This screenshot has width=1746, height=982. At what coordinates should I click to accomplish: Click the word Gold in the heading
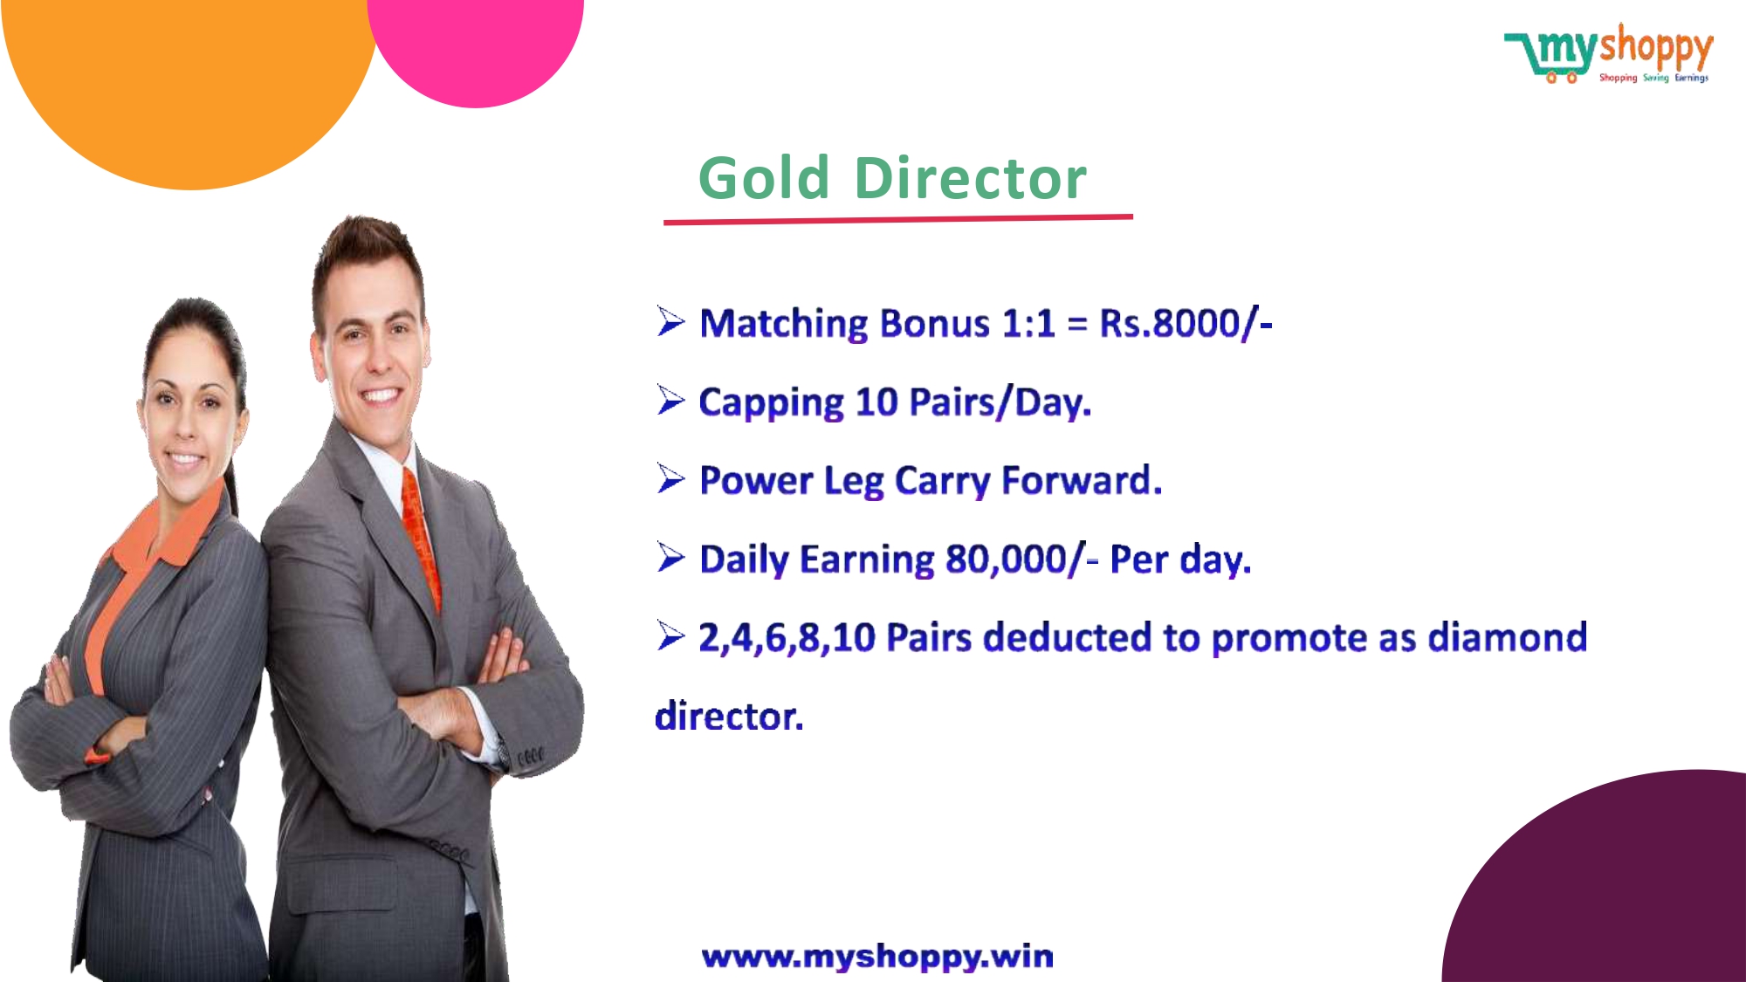(x=764, y=178)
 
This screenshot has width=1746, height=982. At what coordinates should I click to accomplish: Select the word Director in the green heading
(x=971, y=178)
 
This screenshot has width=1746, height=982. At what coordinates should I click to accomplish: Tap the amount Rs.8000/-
(x=1186, y=323)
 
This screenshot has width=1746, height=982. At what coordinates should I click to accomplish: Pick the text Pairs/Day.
(x=1000, y=402)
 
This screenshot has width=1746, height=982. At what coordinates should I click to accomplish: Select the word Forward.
(x=1082, y=481)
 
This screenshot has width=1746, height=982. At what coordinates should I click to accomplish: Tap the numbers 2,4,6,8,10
(x=787, y=638)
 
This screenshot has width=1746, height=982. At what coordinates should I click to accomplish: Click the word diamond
(x=1507, y=637)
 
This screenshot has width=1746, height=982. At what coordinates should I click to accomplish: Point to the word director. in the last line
(x=729, y=717)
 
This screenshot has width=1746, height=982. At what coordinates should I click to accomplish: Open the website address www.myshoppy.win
(x=877, y=957)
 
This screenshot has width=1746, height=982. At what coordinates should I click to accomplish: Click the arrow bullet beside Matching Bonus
(x=671, y=321)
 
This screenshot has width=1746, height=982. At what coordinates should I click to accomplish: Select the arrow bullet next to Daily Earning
(x=671, y=557)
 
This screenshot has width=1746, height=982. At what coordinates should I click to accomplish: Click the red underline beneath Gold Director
(x=898, y=219)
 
